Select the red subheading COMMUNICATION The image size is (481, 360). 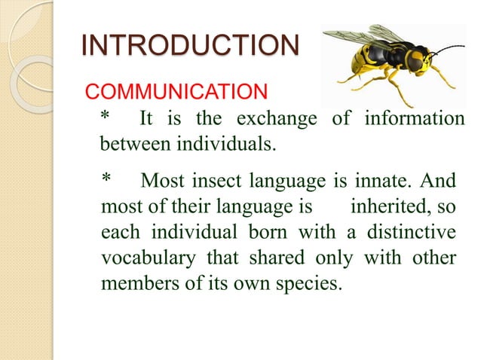[x=175, y=93]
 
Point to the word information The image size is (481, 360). [x=415, y=119]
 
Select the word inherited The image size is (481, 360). [x=391, y=205]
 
